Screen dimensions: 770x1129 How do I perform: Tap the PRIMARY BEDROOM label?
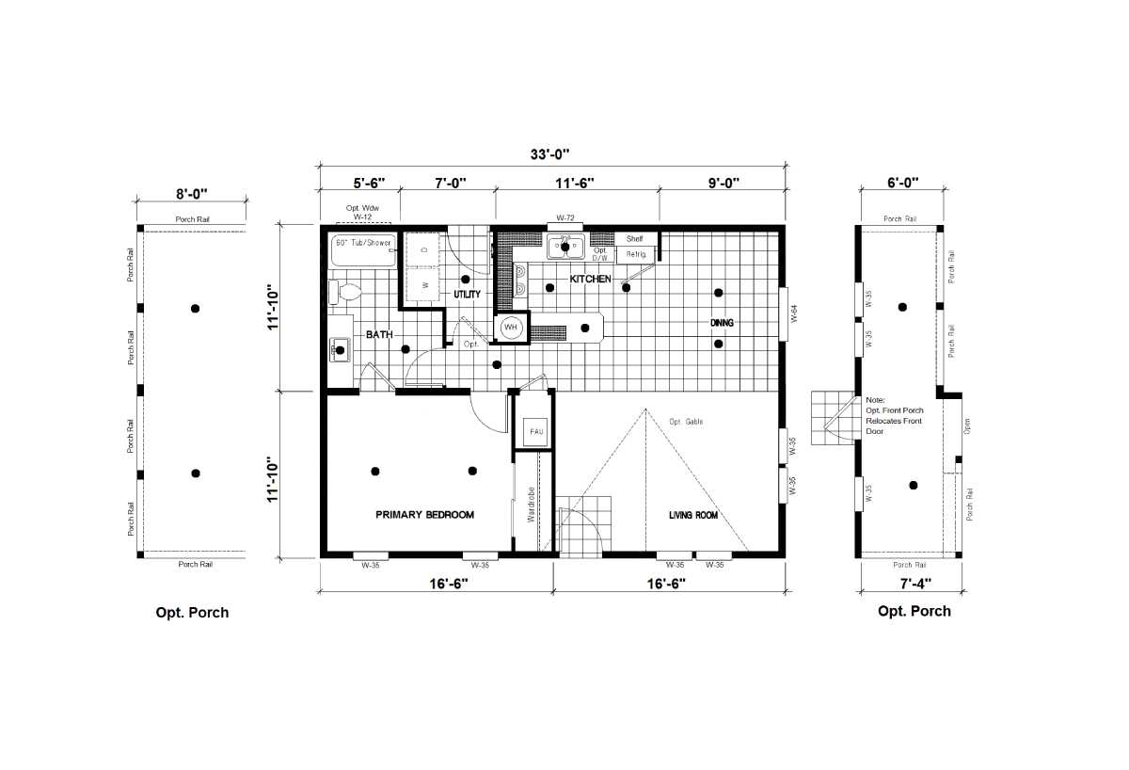click(424, 515)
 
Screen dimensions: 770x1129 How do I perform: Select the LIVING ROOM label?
click(693, 515)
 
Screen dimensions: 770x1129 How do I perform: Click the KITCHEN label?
click(590, 280)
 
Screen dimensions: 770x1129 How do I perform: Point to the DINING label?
click(722, 323)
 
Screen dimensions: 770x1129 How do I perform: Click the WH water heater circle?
click(511, 328)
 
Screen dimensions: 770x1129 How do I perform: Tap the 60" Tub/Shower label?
click(362, 243)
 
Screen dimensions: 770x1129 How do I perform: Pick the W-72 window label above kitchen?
click(565, 217)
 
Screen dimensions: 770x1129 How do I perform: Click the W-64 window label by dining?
click(794, 313)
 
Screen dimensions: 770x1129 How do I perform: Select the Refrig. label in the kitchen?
click(635, 254)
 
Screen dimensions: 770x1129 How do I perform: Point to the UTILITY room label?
click(468, 295)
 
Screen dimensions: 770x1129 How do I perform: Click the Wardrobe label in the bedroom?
click(532, 504)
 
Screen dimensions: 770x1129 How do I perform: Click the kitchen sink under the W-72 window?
click(565, 249)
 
